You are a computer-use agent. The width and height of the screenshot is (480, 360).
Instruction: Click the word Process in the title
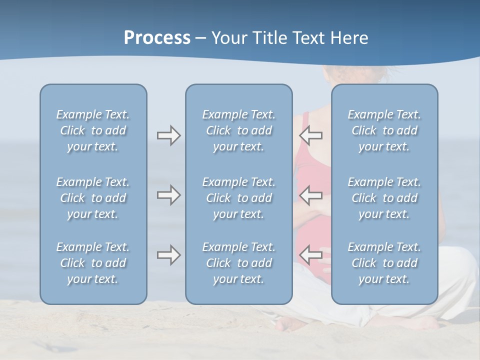[157, 38]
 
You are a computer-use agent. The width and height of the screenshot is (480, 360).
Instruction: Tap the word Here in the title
[350, 38]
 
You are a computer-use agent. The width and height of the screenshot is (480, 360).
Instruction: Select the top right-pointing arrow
[168, 135]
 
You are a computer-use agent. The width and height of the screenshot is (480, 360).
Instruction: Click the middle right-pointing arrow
[168, 195]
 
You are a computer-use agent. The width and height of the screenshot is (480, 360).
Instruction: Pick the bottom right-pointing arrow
[168, 255]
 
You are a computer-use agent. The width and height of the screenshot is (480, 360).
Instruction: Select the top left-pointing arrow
[310, 135]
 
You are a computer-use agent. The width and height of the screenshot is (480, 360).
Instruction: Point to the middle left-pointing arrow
[310, 195]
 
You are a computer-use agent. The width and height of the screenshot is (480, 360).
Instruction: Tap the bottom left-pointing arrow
[310, 255]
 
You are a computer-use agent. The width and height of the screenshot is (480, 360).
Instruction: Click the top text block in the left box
[93, 130]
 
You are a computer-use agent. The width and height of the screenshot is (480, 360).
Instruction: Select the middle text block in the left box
[93, 198]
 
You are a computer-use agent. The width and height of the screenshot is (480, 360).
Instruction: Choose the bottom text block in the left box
[93, 263]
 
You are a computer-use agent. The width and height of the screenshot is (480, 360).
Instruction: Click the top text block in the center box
[238, 130]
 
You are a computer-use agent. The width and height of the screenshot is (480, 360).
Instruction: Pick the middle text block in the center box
[238, 198]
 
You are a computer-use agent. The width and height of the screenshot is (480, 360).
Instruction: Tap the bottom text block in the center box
[238, 263]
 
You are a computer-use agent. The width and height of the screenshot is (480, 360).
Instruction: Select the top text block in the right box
[384, 130]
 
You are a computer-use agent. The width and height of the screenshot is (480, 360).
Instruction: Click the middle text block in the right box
[384, 198]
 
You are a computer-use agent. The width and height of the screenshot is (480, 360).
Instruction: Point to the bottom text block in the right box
[384, 263]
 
